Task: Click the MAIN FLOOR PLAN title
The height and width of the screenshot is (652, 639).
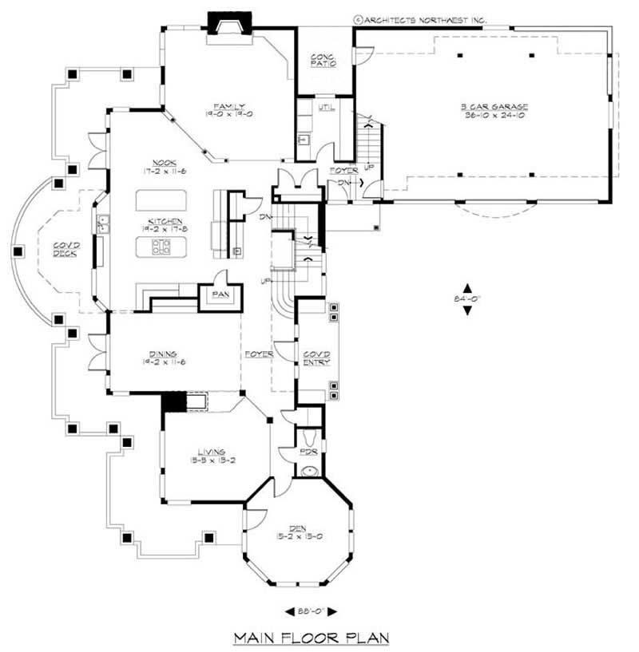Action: pos(311,637)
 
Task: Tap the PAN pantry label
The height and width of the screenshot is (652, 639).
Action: pos(220,294)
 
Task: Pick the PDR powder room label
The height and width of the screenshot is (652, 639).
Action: pos(309,451)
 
